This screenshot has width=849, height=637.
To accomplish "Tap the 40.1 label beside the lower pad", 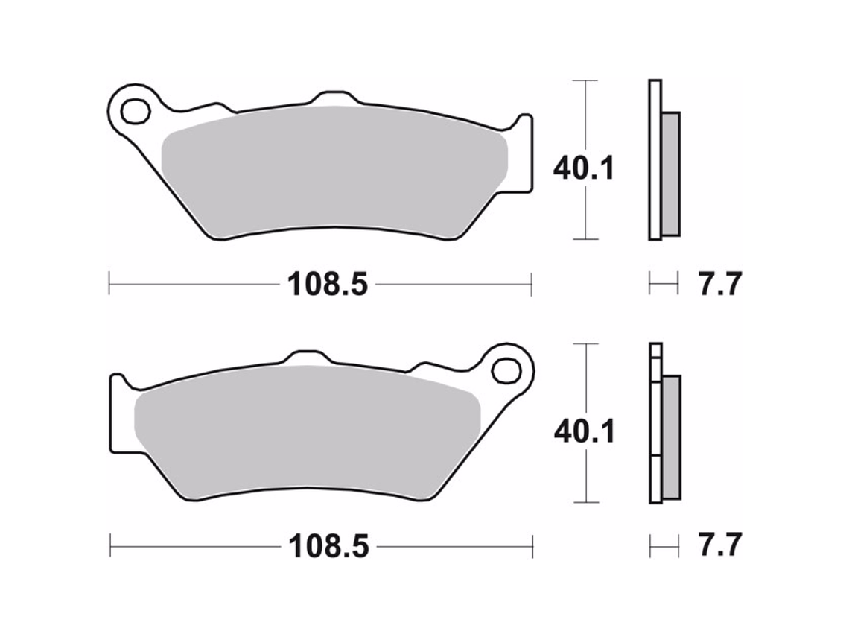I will (583, 431).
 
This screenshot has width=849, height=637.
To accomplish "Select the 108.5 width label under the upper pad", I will (328, 284).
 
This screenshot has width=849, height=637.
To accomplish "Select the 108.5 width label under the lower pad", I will (328, 547).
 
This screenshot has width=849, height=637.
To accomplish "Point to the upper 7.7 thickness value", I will (719, 284).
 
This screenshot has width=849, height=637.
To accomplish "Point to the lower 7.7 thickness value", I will (719, 547).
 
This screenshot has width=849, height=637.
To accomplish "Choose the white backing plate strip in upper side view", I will (655, 160).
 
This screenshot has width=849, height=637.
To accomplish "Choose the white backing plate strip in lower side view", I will (655, 425).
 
